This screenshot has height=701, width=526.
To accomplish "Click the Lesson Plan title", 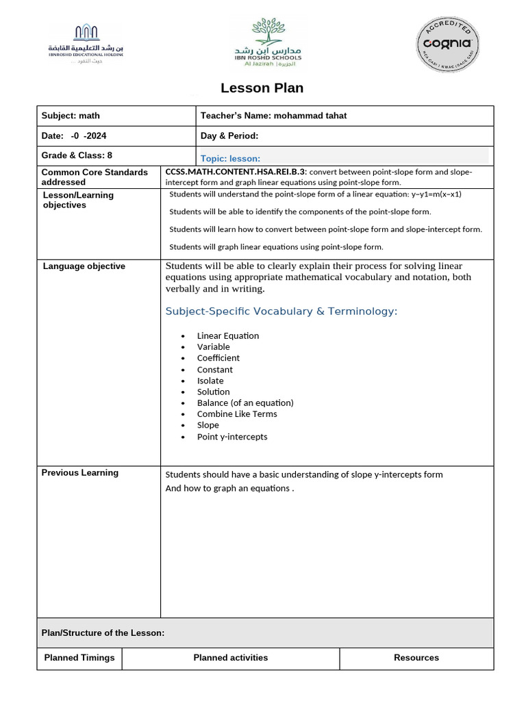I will coord(262,88).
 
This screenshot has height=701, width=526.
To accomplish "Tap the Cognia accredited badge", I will coord(449,43).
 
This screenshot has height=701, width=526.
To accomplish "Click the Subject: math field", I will coord(71,116).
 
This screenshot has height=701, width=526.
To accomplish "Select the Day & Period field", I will coord(229,136).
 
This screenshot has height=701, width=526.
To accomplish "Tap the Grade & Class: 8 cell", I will coord(77,155).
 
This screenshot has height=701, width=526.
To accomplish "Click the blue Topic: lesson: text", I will coord(230,158).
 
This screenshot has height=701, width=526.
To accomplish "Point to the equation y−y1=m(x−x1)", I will coord(436,194).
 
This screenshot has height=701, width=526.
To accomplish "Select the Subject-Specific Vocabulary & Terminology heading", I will coord(281,311).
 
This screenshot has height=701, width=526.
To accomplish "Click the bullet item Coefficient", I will coord(218,358).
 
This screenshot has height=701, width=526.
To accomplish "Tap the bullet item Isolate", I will coord(210,381).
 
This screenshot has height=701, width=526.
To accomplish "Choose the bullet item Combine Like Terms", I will coord(237,413).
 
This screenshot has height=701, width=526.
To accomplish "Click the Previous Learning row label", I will coord(79,472).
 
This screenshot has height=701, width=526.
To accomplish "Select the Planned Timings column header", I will coord(79,657).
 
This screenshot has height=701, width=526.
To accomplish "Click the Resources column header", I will coord(416,657).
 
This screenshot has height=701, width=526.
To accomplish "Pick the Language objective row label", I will coord(84,266).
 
